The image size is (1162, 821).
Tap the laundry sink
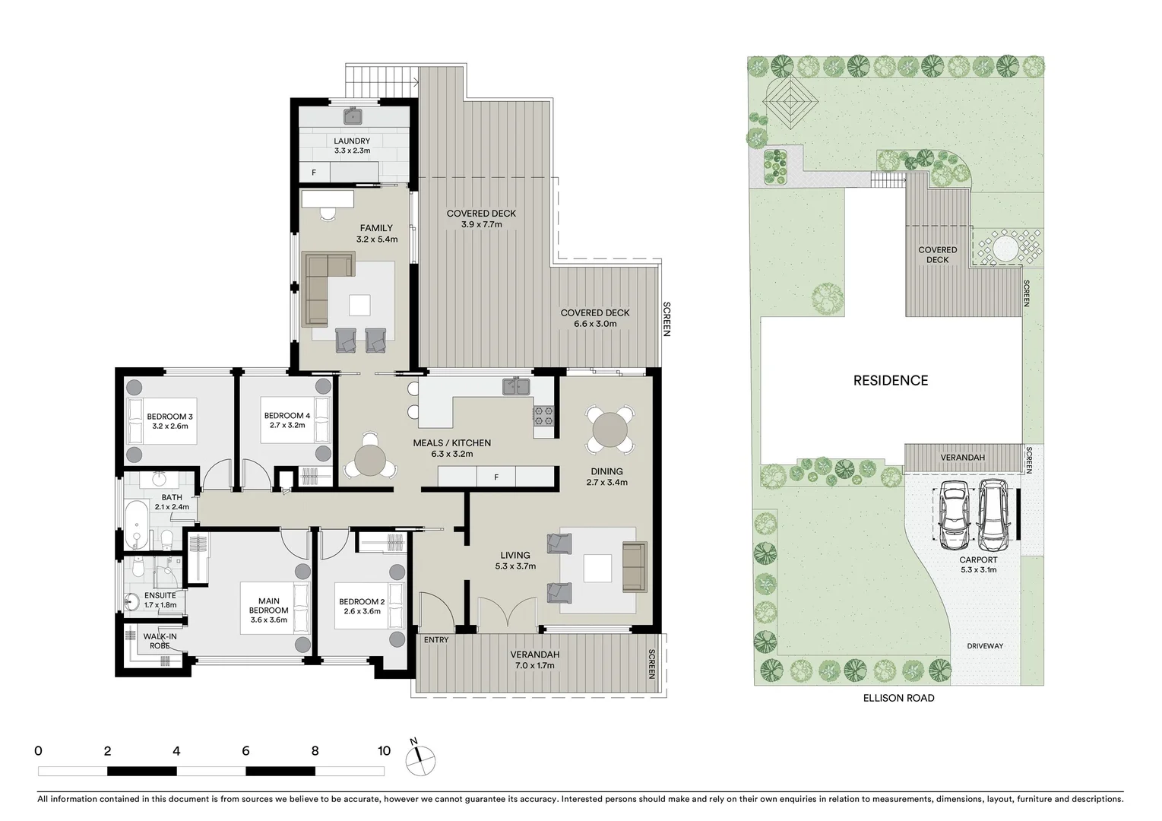click(353, 116)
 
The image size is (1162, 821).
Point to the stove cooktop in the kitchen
click(543, 415)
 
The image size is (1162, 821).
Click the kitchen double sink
click(517, 387)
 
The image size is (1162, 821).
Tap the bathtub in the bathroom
click(138, 525)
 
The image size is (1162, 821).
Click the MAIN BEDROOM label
click(268, 610)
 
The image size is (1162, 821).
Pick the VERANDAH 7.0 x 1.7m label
click(534, 660)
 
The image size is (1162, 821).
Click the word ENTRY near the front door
click(436, 640)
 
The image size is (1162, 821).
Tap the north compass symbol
click(420, 758)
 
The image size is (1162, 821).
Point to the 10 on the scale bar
click(384, 751)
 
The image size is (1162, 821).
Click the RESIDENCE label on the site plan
click(890, 380)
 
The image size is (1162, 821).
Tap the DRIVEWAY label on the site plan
click(985, 646)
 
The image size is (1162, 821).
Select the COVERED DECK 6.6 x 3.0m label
click(595, 318)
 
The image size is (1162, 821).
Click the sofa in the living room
click(633, 566)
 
